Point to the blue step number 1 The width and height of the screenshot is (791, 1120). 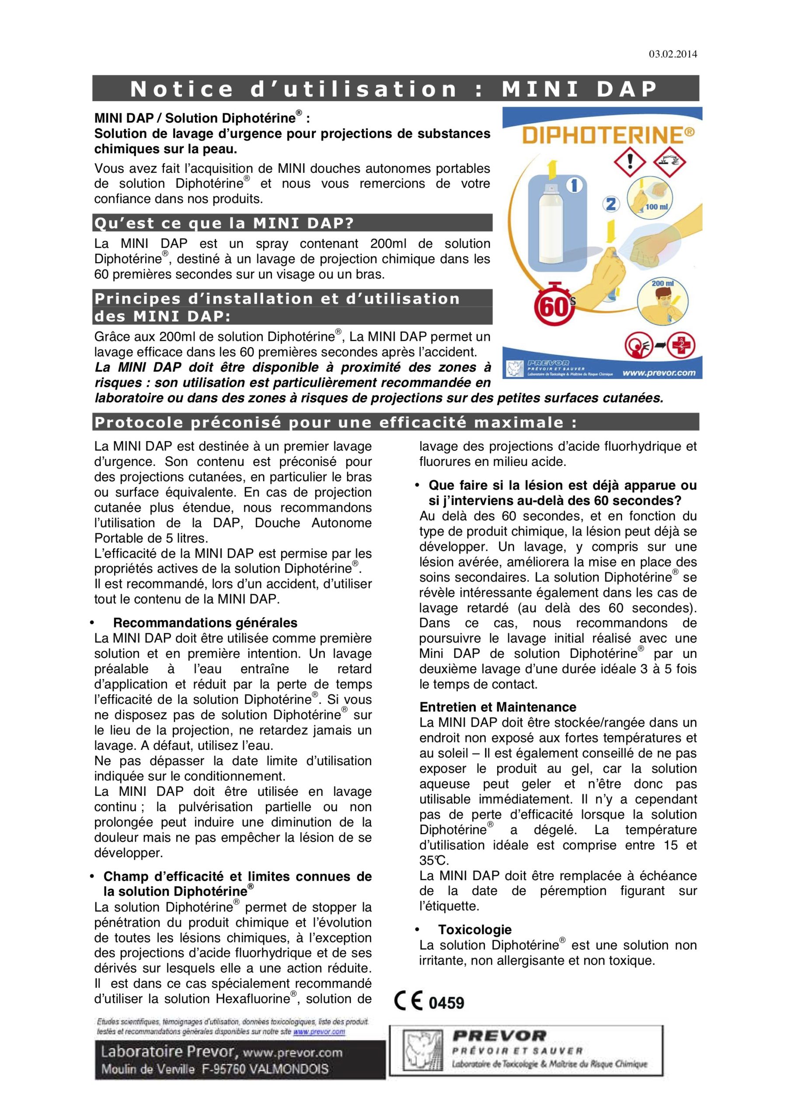click(574, 185)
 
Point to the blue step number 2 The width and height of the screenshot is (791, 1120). click(610, 204)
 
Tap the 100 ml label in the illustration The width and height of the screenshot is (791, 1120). click(656, 207)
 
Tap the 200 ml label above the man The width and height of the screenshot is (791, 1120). click(662, 283)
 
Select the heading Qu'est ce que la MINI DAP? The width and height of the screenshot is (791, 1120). click(224, 223)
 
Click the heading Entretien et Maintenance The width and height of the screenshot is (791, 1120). click(498, 707)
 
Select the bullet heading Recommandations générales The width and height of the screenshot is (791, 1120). click(205, 623)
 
